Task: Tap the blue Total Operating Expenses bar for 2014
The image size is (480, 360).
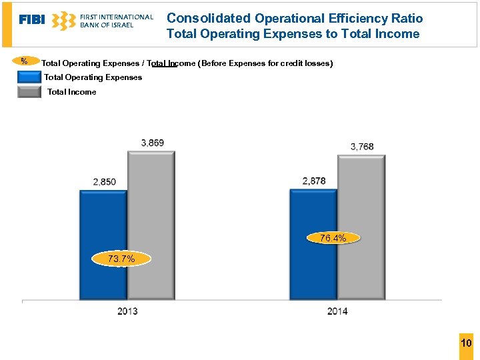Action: (313, 213)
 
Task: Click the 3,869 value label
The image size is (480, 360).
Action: (153, 143)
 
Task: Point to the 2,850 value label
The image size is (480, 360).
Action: (104, 181)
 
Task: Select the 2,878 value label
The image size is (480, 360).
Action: (314, 181)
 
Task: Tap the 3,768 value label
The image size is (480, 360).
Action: (362, 147)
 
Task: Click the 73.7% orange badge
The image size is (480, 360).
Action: (121, 259)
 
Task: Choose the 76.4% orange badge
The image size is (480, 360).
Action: (333, 238)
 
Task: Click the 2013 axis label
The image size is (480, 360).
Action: (127, 311)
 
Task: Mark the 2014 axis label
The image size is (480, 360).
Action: (337, 311)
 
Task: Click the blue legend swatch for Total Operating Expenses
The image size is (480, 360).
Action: (29, 77)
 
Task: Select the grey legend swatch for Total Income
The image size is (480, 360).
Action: (29, 92)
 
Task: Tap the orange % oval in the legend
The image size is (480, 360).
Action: (25, 62)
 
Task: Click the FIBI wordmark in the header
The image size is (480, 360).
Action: (32, 20)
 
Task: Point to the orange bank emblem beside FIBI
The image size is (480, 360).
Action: (63, 21)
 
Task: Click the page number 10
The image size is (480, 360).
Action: (466, 343)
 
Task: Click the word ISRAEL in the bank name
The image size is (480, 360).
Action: (120, 25)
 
